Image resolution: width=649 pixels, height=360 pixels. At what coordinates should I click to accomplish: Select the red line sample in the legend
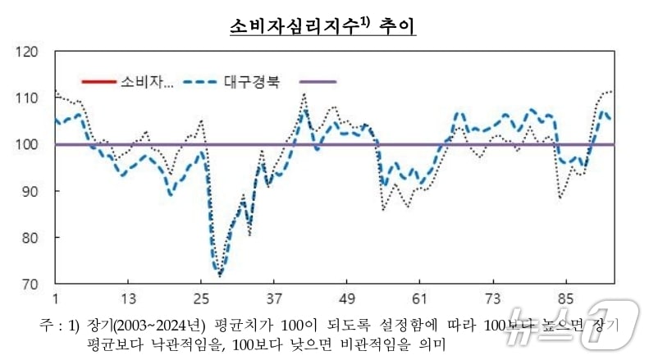pyautogui.click(x=99, y=82)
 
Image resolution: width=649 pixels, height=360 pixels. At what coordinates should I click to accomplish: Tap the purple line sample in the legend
pyautogui.click(x=318, y=82)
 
